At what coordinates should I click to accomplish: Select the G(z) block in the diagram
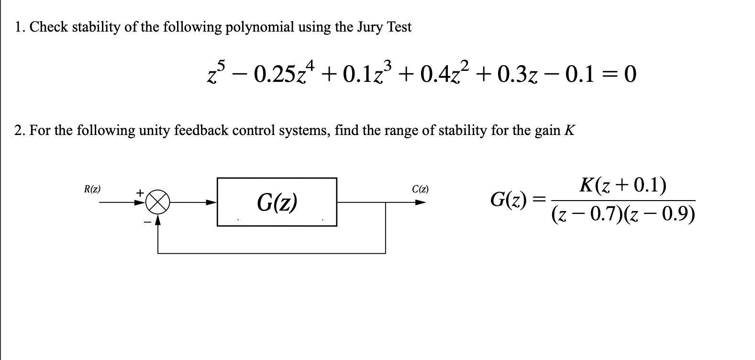(277, 202)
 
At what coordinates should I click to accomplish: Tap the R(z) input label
(92, 189)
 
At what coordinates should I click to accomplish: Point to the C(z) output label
(420, 189)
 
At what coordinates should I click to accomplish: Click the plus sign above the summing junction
(140, 192)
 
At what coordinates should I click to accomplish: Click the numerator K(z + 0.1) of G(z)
(622, 185)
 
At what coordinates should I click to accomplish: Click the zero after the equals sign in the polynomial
(630, 74)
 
